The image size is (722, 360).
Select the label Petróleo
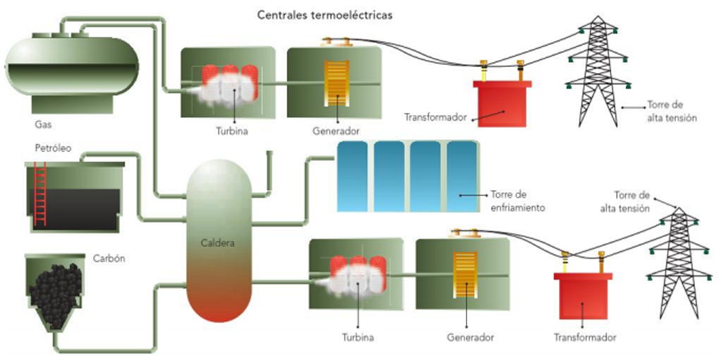53,149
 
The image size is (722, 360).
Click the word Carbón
109,258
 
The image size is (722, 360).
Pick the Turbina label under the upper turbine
231,131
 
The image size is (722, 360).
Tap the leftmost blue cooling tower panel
353,176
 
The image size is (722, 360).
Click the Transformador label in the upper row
435,117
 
